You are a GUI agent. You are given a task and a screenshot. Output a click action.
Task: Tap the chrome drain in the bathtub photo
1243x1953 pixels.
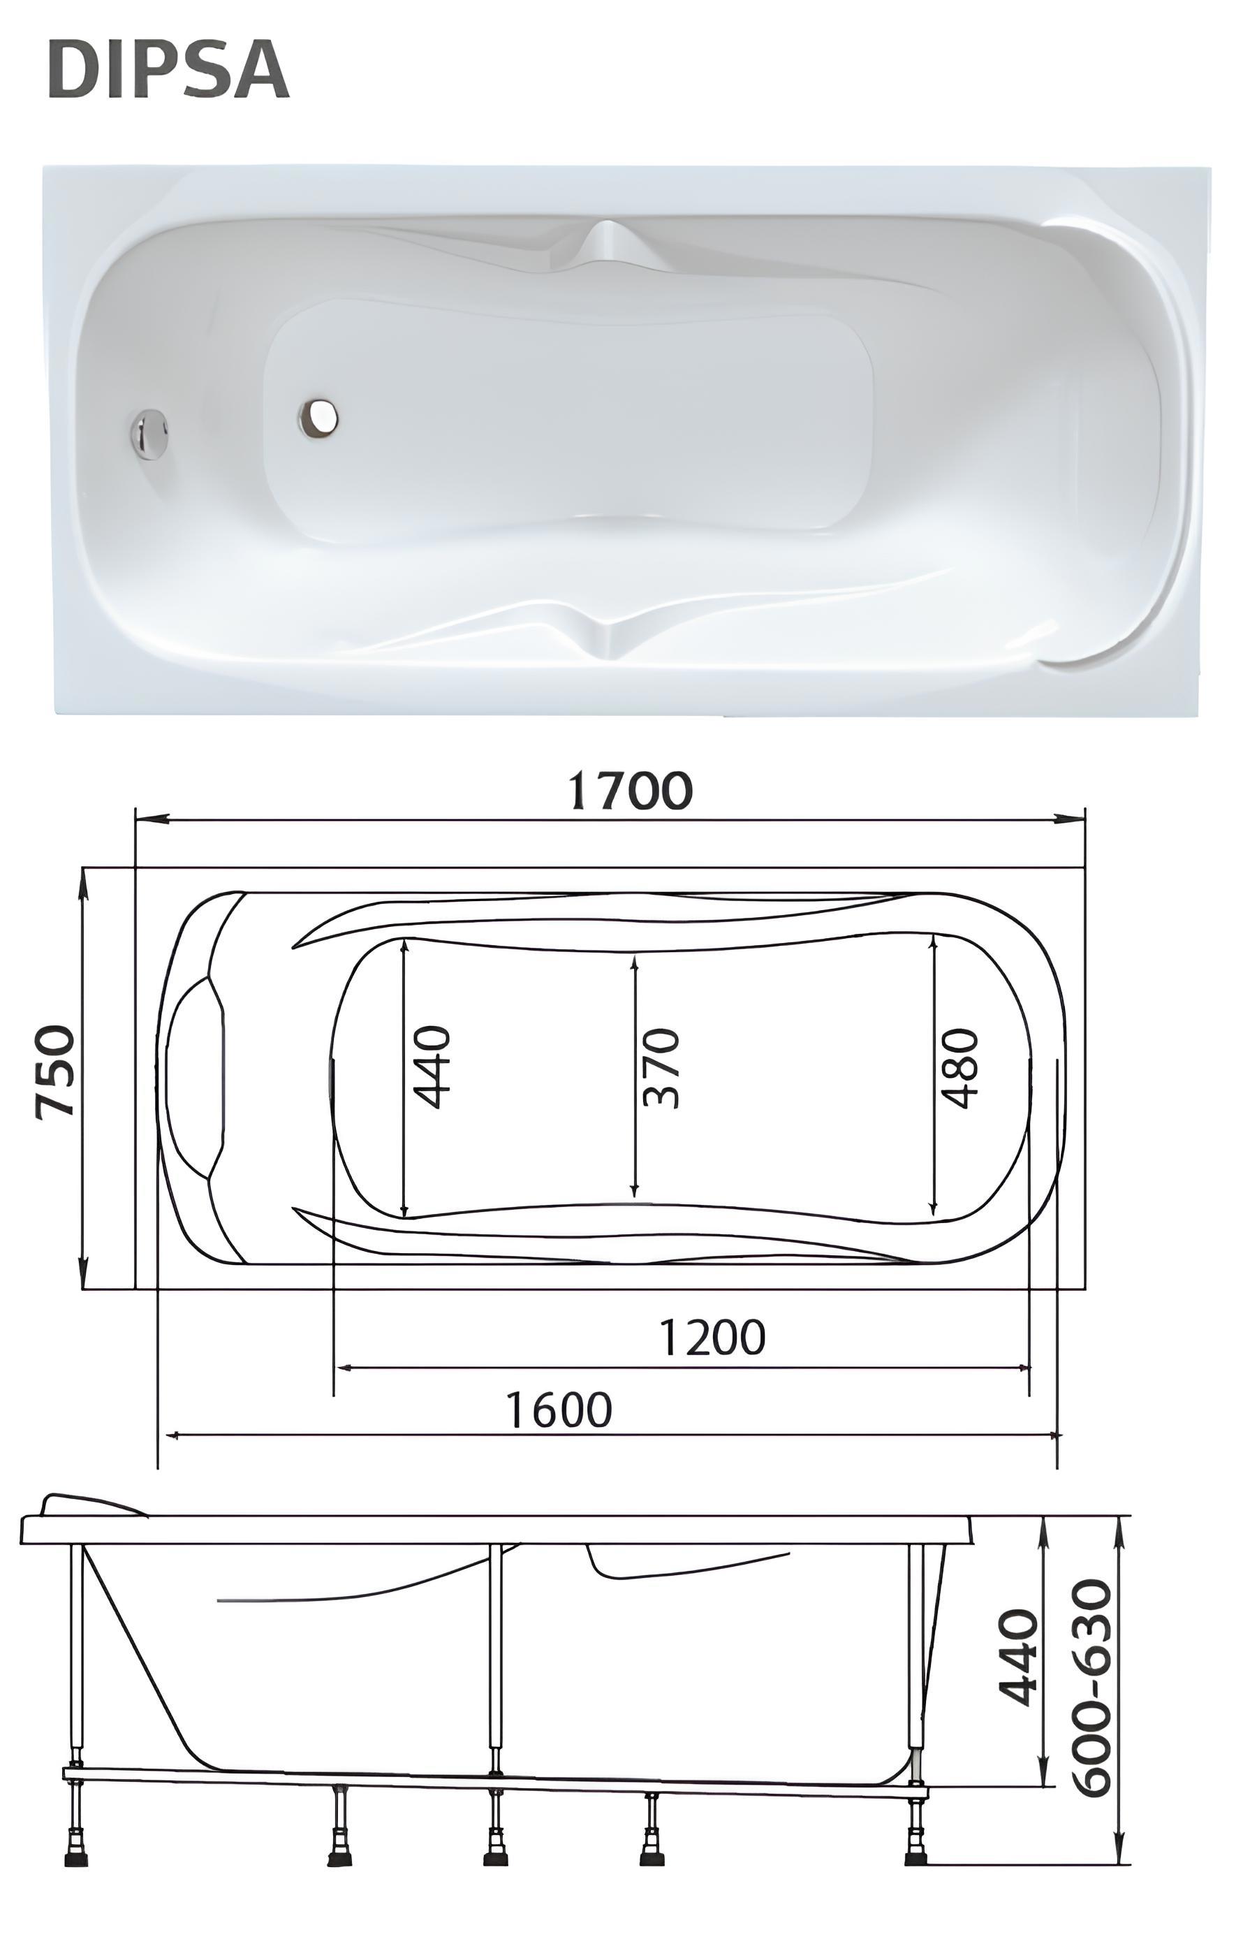[318, 417]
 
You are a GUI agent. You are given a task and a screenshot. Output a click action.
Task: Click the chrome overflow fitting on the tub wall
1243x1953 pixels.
[149, 434]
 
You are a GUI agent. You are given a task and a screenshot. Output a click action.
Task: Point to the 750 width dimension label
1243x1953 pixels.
[56, 1072]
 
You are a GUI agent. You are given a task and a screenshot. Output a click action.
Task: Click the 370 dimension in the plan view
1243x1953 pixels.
[660, 1068]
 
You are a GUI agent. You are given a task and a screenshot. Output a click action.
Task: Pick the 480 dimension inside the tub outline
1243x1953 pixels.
[959, 1068]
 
